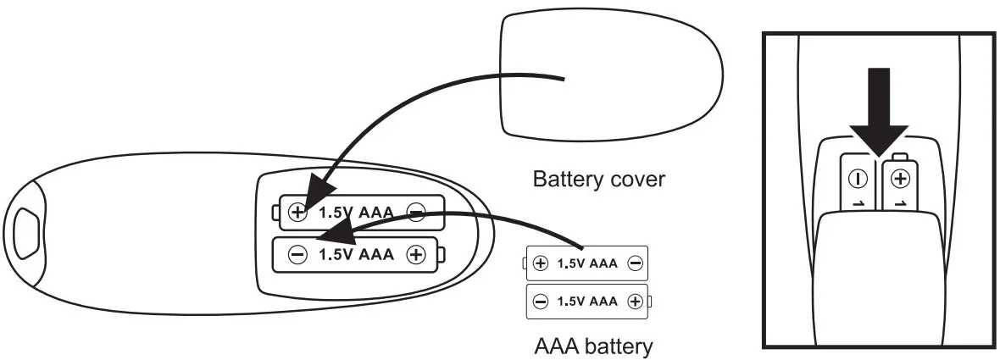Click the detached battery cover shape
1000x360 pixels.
coord(610,76)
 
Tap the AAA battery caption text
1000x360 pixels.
coord(593,346)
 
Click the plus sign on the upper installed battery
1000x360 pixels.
coord(297,212)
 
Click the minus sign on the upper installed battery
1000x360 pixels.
coord(415,213)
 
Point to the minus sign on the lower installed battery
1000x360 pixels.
coord(297,255)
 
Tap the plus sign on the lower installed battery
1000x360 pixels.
coord(415,255)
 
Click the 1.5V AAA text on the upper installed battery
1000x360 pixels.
coord(356,213)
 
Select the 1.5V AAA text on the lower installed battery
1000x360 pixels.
coord(356,255)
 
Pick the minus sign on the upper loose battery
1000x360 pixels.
coord(635,263)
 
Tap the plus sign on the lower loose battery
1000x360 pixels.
coord(634,301)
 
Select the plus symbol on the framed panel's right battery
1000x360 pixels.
coord(901,179)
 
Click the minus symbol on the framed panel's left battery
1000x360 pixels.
coord(856,179)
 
